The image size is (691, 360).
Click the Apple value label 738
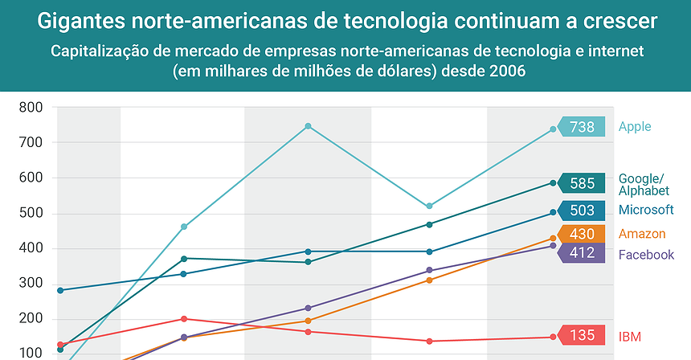[583, 127]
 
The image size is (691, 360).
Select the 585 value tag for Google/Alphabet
[583, 183]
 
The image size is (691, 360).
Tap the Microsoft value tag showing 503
[583, 211]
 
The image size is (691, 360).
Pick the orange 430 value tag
[583, 235]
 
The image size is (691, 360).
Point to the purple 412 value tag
[583, 252]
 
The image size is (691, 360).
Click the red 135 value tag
[583, 336]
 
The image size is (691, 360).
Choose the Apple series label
[635, 126]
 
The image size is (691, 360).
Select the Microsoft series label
[646, 210]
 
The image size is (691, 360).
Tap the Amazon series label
[642, 234]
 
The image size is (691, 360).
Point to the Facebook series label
[646, 255]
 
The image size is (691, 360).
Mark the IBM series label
[630, 336]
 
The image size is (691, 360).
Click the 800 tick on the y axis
[31, 108]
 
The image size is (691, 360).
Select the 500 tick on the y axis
[31, 213]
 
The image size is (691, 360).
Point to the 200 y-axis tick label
[31, 319]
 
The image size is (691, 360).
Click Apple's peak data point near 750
[308, 126]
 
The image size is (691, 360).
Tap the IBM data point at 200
[184, 319]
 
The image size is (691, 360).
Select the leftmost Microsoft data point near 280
[60, 290]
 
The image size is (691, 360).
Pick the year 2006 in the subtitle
[503, 71]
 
